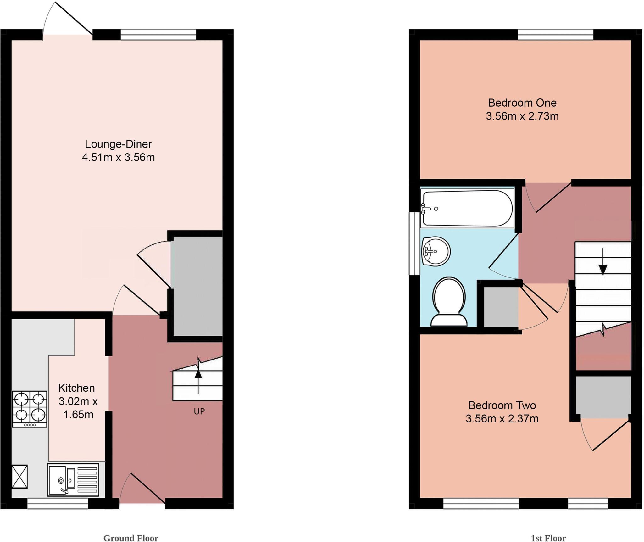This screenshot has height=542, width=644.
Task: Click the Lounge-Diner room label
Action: coord(118,144)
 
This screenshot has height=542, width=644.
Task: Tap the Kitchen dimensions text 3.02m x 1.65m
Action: coord(78,408)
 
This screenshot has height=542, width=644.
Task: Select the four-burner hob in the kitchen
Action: coord(30,409)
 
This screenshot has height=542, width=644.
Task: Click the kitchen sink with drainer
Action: coord(73,480)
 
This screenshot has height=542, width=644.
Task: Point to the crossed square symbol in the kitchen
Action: coord(19,477)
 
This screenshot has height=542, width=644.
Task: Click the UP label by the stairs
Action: coord(199,411)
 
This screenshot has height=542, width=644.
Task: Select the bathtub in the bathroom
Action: coord(468,208)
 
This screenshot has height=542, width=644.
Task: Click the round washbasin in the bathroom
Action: coord(436,251)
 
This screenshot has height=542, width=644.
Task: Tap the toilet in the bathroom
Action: coord(449,302)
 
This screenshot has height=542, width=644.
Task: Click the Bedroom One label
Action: coord(522,103)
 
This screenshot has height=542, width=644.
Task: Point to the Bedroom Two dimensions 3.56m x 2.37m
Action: coord(502,419)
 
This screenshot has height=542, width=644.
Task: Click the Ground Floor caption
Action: coord(131,538)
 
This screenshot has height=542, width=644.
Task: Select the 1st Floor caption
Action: coord(548,538)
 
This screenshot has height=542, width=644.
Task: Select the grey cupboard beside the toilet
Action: coord(501,307)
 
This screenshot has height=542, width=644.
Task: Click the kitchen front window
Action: coord(58,505)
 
